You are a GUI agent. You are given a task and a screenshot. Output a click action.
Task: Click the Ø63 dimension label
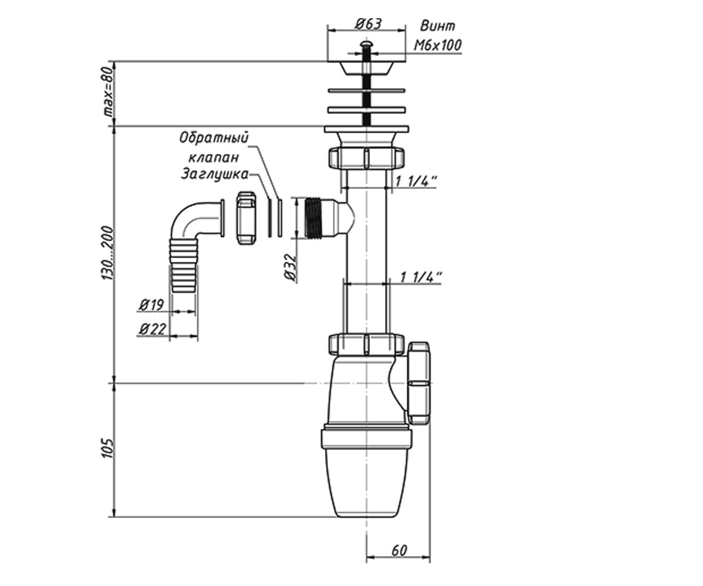[x=368, y=24]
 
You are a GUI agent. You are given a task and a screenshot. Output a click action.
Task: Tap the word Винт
[x=438, y=26]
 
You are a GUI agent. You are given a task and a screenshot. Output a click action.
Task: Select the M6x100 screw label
[x=438, y=45]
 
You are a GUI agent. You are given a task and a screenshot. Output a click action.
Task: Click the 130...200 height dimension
[x=108, y=253]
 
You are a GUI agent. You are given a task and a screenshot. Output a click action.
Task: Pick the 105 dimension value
[x=108, y=448]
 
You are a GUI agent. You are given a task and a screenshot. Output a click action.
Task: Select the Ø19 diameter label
[x=151, y=305]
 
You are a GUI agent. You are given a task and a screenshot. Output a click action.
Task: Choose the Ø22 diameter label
[x=152, y=329]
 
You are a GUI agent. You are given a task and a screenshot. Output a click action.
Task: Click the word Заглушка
[x=215, y=175]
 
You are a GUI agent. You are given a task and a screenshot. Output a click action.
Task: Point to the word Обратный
[x=214, y=137]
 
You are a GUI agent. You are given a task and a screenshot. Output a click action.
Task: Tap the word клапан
[x=213, y=157]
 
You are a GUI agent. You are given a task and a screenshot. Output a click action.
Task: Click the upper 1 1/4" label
[x=416, y=182]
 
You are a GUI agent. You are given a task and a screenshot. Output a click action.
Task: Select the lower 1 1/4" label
[x=421, y=277]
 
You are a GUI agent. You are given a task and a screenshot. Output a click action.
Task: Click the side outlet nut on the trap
[x=419, y=383]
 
